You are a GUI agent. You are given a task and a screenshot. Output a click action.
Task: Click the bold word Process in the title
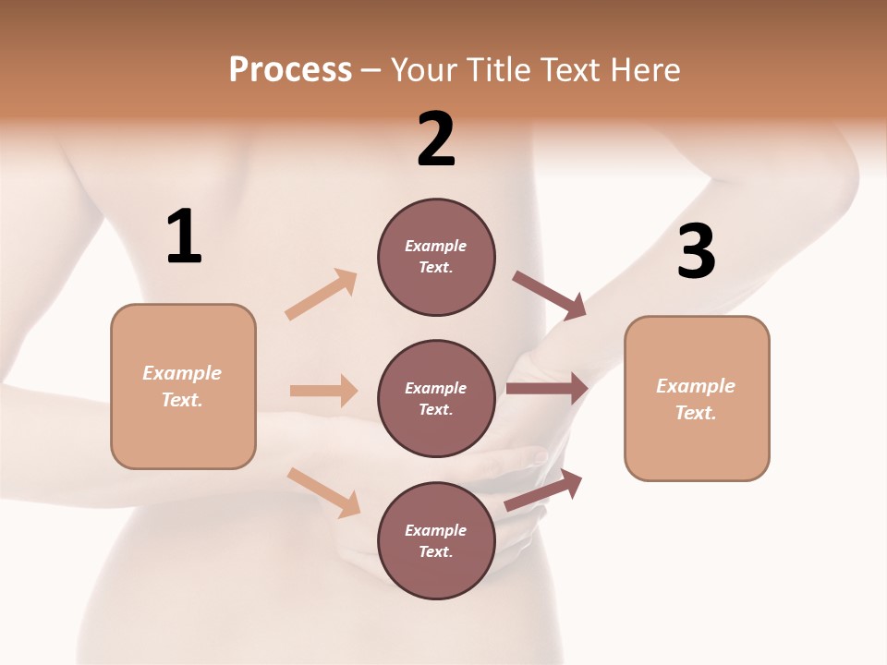pos(290,70)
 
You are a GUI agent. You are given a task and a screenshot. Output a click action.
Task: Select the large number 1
pos(184,237)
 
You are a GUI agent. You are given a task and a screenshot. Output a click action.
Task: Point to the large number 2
pos(436,139)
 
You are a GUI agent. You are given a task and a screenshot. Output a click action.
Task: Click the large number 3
pos(696,251)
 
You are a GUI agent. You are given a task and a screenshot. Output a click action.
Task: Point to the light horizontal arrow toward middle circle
pos(323,391)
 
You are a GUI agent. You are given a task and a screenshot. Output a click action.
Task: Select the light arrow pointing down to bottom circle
pos(323,491)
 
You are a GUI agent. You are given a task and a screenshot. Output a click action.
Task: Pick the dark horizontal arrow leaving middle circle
pos(548,389)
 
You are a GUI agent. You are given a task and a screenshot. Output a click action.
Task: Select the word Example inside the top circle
pos(436,247)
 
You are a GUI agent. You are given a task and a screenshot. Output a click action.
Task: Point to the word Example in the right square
pos(696,386)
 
